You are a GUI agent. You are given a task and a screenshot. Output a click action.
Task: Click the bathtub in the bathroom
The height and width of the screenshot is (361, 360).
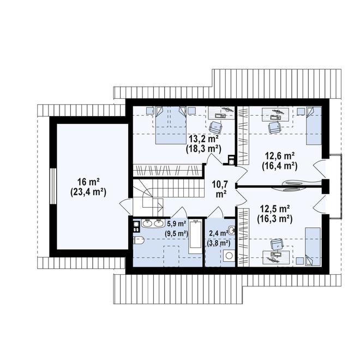coord(195,236)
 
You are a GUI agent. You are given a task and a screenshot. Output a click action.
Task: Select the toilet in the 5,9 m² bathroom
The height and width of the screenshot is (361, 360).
coord(139,240)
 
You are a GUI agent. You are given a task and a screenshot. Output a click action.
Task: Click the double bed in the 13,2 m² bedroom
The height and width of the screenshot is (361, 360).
coord(171,125)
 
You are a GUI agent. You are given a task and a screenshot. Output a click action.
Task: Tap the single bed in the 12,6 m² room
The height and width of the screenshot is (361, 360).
coord(314,126)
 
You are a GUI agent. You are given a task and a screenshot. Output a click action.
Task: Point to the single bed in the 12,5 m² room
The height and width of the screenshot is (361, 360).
coord(313,246)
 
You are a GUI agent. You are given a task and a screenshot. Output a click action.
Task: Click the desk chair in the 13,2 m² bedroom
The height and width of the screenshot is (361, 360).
coord(216,127)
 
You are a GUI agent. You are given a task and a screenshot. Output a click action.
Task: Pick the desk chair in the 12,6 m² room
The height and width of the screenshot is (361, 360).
coord(274,127)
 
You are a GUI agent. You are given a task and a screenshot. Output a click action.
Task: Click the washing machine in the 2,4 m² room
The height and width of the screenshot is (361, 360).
coord(229,255)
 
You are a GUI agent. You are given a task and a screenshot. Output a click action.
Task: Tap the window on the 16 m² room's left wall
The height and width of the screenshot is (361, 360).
coord(53,186)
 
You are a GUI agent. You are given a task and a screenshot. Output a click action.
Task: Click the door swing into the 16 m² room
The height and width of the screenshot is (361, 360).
coord(126,204)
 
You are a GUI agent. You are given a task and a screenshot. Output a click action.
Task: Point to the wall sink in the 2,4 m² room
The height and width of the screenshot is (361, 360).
coord(232,230)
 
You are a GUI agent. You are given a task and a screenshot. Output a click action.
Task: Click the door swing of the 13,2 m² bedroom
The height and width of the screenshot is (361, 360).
coord(215,159)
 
